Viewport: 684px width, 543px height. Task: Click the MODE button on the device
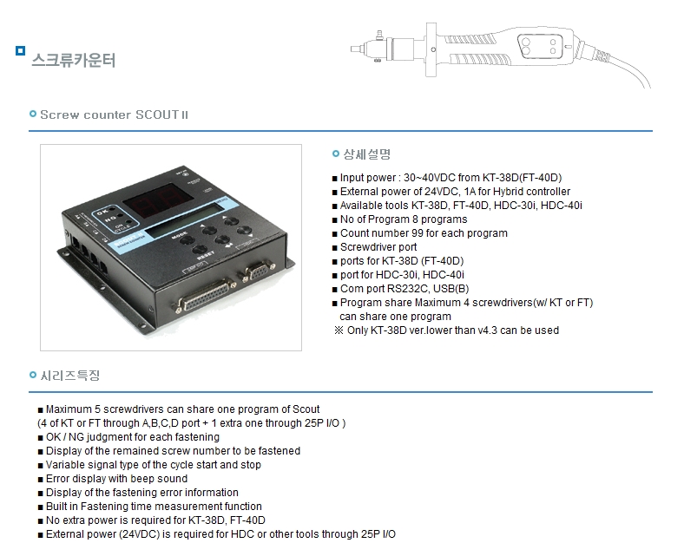click(187, 240)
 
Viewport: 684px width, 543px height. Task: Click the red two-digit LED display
click(158, 200)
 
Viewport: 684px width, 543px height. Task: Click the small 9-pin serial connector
click(258, 271)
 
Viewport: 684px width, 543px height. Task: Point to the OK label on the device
click(102, 213)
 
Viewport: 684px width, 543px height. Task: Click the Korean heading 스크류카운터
click(73, 60)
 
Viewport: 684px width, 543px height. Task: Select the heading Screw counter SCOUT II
click(114, 114)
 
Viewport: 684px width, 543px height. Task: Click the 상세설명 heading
click(367, 154)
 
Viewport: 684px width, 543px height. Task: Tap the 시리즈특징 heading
click(70, 376)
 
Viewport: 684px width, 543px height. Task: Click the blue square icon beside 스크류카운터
click(20, 51)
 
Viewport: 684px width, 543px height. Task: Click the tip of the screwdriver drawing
click(352, 49)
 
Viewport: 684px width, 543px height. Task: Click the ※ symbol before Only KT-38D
click(339, 330)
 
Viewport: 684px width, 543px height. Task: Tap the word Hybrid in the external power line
click(509, 192)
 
